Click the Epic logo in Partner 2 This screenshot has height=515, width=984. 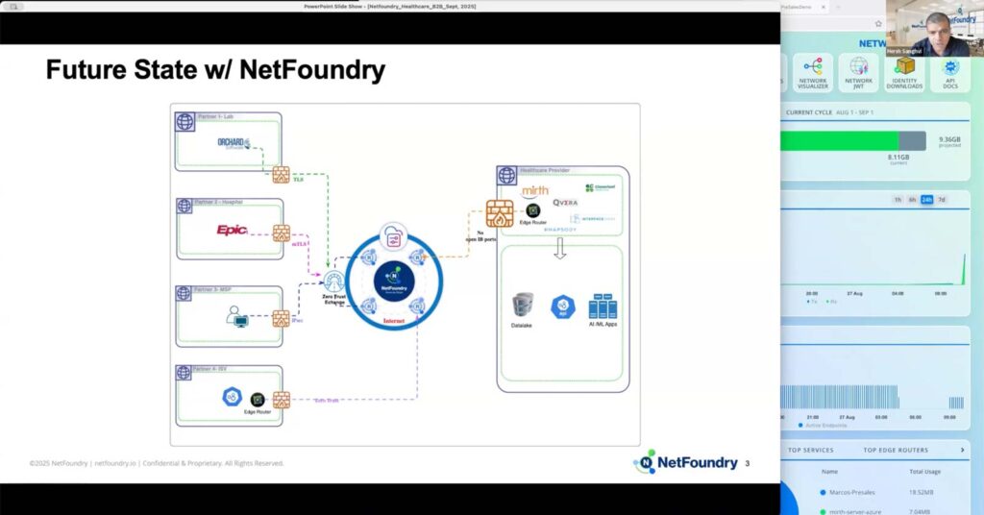(x=232, y=230)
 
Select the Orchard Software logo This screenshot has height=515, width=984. (x=234, y=144)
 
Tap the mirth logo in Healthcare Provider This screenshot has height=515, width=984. (x=534, y=191)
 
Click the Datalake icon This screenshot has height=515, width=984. (x=523, y=306)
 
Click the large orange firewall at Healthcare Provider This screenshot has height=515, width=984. (x=500, y=212)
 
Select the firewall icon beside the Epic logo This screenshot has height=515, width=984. (x=282, y=233)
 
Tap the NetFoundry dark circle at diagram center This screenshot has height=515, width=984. (x=393, y=277)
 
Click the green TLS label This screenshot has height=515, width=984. (x=298, y=179)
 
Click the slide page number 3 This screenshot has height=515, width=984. (x=747, y=464)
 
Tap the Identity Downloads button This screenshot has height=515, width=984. (x=904, y=73)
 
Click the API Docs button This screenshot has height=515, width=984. (x=949, y=73)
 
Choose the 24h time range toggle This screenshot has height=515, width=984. (x=926, y=200)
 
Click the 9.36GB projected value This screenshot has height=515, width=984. (x=949, y=139)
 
